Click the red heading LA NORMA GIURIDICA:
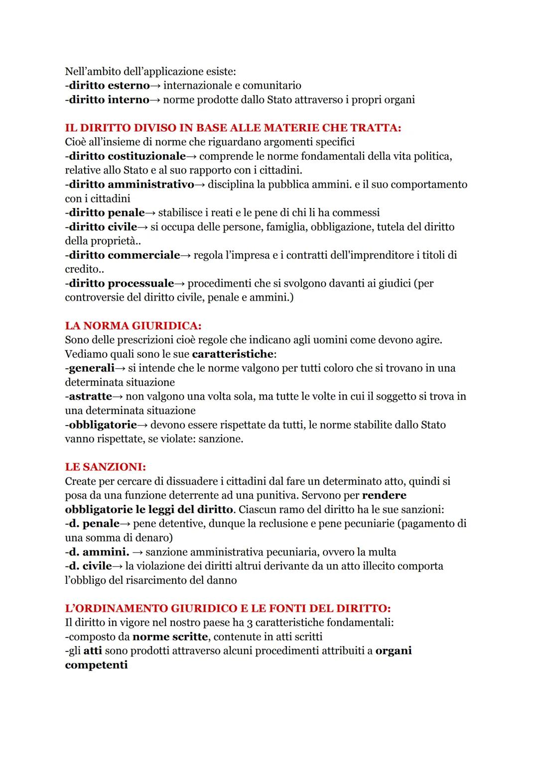(x=133, y=326)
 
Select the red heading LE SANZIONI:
(x=105, y=467)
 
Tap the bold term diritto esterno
(x=109, y=86)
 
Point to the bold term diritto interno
(x=109, y=100)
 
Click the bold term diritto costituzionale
(x=127, y=156)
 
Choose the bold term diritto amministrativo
(x=131, y=185)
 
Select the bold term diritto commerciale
(x=124, y=255)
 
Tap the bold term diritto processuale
(x=121, y=284)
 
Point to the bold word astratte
(x=90, y=397)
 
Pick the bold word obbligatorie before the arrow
(x=103, y=425)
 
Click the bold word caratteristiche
(x=233, y=354)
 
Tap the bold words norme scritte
(x=170, y=637)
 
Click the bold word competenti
(x=96, y=665)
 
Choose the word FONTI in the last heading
(x=287, y=608)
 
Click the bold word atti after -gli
(x=93, y=651)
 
